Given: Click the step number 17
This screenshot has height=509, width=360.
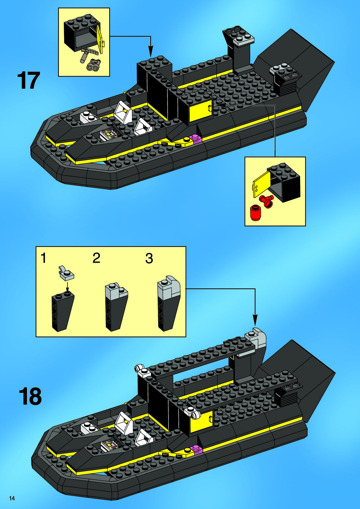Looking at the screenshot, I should pyautogui.click(x=29, y=80).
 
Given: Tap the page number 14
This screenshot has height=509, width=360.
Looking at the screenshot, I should pyautogui.click(x=12, y=498).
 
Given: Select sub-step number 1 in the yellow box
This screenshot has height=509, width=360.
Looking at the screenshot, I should pyautogui.click(x=44, y=258).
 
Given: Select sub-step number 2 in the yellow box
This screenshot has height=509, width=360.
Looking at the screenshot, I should pyautogui.click(x=96, y=258).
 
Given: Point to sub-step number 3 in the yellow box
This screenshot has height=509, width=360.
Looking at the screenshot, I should pyautogui.click(x=149, y=258).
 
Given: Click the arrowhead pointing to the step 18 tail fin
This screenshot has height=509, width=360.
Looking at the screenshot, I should pyautogui.click(x=255, y=320).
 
